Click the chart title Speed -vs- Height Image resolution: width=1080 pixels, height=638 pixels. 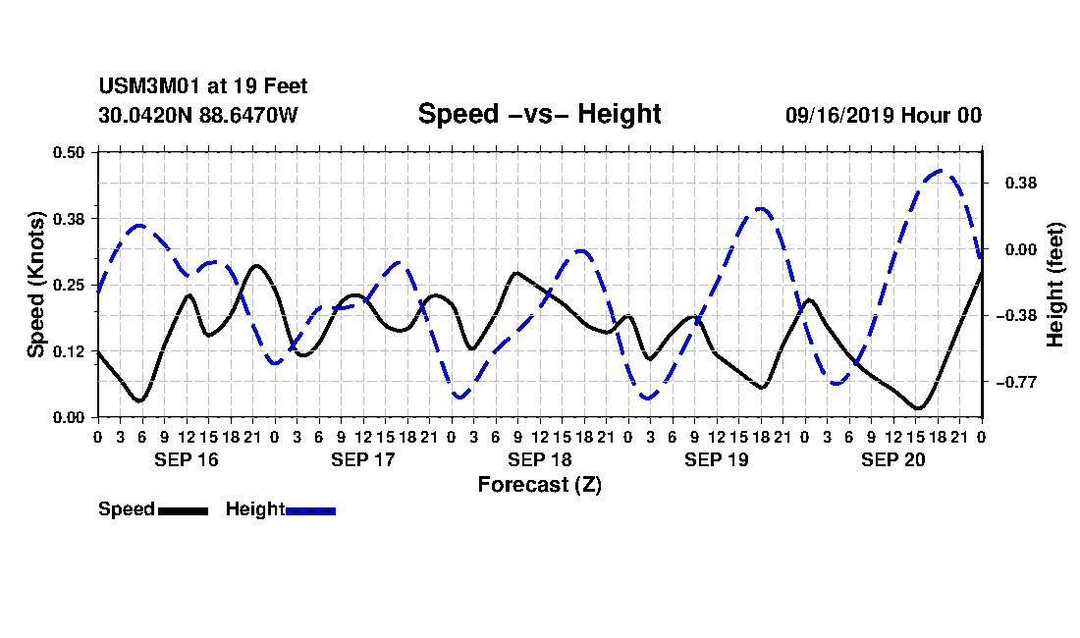click(x=539, y=114)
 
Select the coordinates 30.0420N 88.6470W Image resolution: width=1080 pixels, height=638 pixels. click(x=198, y=115)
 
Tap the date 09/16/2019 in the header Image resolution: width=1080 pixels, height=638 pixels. click(x=838, y=115)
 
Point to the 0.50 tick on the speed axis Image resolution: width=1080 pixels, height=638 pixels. click(x=68, y=152)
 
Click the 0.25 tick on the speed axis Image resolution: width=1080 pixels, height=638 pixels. click(x=68, y=285)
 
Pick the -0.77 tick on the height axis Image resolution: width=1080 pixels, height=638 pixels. click(x=1016, y=382)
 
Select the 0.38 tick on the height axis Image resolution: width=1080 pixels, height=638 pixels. click(x=1021, y=184)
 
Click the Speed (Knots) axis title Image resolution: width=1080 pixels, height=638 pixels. click(x=35, y=285)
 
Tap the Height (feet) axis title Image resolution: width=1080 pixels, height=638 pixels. click(x=1054, y=285)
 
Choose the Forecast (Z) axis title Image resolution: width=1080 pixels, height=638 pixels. click(x=539, y=485)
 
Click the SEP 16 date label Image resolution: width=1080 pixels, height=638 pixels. click(x=186, y=459)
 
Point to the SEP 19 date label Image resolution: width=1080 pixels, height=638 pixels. click(x=717, y=459)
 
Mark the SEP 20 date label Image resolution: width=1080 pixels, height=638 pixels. click(x=893, y=459)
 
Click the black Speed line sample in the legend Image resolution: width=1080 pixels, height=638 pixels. click(x=183, y=510)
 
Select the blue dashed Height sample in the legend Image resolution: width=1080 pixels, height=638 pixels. click(x=310, y=510)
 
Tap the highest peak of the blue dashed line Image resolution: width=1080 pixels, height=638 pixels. click(x=941, y=170)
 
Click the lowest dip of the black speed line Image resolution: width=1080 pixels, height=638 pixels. click(x=917, y=408)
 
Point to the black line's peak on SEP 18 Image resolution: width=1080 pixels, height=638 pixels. click(x=516, y=273)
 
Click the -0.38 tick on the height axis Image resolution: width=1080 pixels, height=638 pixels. click(x=1016, y=316)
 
